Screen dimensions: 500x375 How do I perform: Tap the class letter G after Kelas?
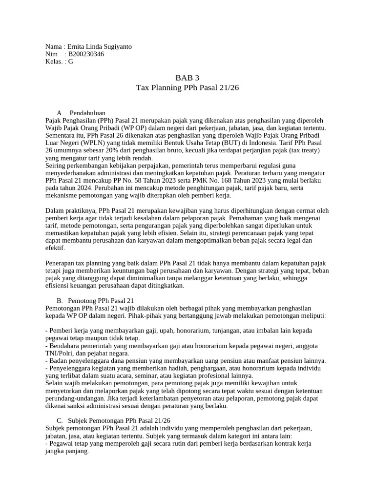[71, 62]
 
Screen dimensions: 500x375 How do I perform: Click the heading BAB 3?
[187, 78]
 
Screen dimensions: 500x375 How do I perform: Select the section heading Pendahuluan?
[87, 113]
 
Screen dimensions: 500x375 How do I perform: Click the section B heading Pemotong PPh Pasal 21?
[102, 301]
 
